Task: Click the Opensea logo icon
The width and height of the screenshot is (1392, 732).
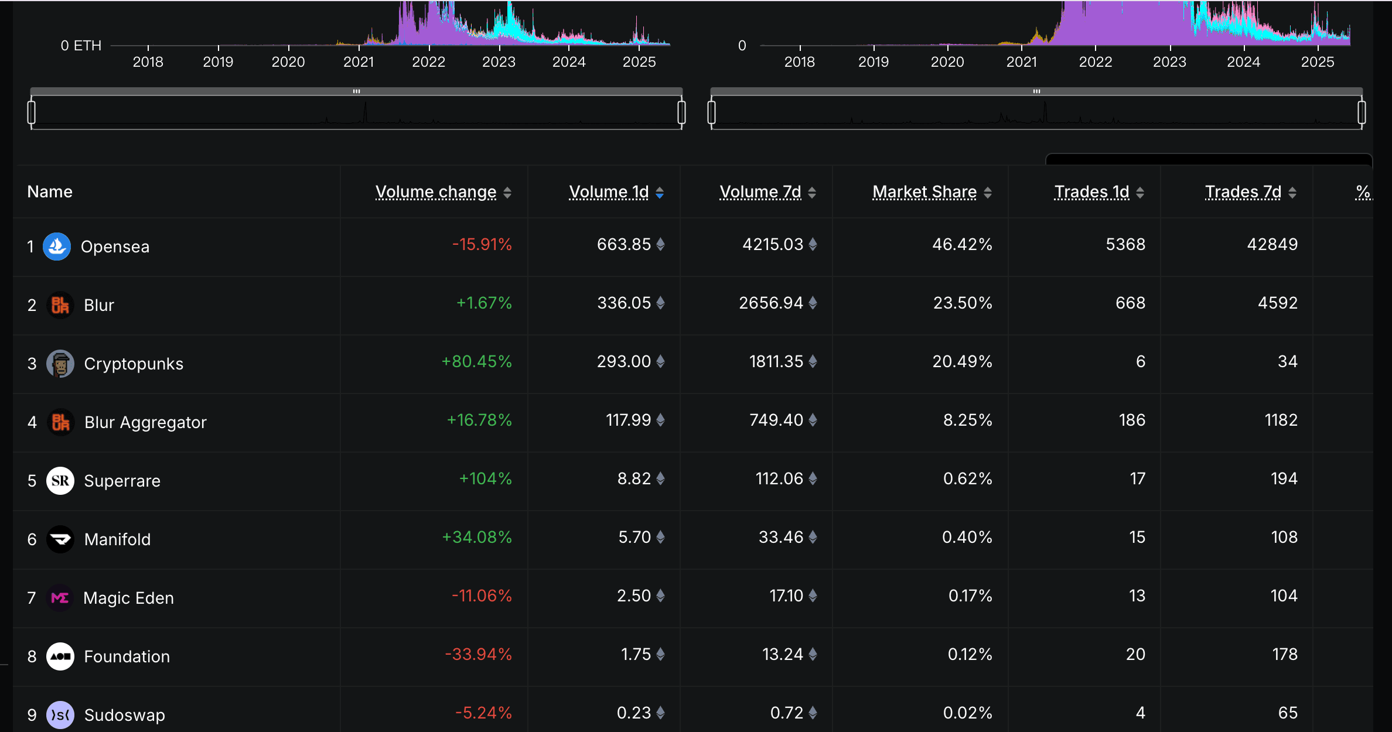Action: pos(57,247)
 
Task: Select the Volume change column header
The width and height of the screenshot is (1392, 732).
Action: pos(436,192)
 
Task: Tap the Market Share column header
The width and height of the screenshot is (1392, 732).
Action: pos(924,192)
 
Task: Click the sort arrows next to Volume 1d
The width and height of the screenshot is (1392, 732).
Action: pos(660,193)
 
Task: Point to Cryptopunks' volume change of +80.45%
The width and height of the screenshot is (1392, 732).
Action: pos(476,362)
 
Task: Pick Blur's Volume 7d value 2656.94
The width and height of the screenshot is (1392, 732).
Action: pos(770,303)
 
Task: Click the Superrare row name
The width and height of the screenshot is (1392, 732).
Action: pos(122,481)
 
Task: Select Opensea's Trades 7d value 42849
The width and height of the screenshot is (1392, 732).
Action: pos(1272,245)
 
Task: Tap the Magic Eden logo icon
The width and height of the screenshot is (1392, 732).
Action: pos(60,598)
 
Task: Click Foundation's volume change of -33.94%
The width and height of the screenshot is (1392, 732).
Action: pos(478,655)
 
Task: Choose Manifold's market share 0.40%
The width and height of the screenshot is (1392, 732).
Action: pos(967,538)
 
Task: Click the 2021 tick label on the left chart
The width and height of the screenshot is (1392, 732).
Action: pos(359,62)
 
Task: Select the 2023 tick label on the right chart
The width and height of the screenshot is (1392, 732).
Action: pos(1169,62)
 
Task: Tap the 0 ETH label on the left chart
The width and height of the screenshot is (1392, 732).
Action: pos(81,46)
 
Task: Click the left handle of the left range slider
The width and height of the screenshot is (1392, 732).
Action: pos(32,112)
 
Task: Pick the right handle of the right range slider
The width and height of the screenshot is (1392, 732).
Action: pos(1362,112)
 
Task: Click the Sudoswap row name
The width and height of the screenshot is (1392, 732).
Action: pos(124,715)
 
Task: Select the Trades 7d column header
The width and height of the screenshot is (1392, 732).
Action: pos(1243,192)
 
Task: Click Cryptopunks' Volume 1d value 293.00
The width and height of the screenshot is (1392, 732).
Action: pos(623,362)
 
